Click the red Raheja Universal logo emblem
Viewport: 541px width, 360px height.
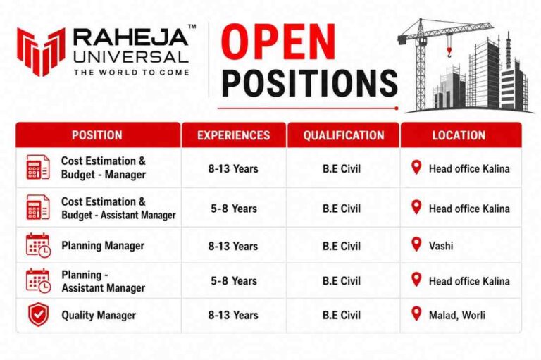click(x=41, y=51)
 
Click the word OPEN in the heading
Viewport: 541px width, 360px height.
click(x=278, y=42)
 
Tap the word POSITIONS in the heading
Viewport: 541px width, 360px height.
click(x=309, y=83)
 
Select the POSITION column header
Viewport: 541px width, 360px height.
click(x=97, y=135)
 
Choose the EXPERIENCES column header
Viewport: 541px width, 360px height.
click(x=234, y=135)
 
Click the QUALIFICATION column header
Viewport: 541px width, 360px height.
click(x=344, y=135)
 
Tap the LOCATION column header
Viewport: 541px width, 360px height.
click(x=459, y=135)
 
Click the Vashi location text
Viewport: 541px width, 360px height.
click(x=441, y=246)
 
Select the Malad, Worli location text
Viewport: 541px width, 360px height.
click(x=456, y=315)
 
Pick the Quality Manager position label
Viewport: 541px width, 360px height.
click(x=99, y=315)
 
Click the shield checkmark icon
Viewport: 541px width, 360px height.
click(x=38, y=314)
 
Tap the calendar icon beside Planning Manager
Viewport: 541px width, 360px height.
click(x=38, y=245)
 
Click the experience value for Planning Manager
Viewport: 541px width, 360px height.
click(x=233, y=246)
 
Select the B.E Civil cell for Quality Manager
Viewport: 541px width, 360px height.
click(x=342, y=315)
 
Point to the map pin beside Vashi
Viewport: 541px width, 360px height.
click(x=416, y=244)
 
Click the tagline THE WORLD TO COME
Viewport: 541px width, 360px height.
click(x=132, y=73)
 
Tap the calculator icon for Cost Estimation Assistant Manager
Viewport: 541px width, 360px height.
click(x=38, y=207)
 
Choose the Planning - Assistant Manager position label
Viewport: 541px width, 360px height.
click(x=103, y=281)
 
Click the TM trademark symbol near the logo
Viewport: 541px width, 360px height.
click(x=192, y=26)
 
